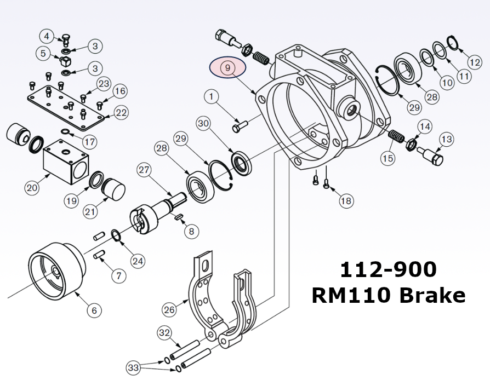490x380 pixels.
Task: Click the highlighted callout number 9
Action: tap(229, 68)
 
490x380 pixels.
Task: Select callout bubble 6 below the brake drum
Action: tap(94, 310)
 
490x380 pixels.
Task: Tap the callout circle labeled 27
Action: tap(144, 170)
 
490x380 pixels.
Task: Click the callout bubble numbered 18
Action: tap(346, 201)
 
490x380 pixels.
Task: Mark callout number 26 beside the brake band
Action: tap(169, 310)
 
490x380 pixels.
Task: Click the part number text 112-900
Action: tap(388, 270)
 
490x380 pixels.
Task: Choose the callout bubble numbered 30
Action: tap(203, 124)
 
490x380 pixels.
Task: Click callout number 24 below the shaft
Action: tap(138, 261)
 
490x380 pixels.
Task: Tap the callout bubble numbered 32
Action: tap(164, 332)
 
